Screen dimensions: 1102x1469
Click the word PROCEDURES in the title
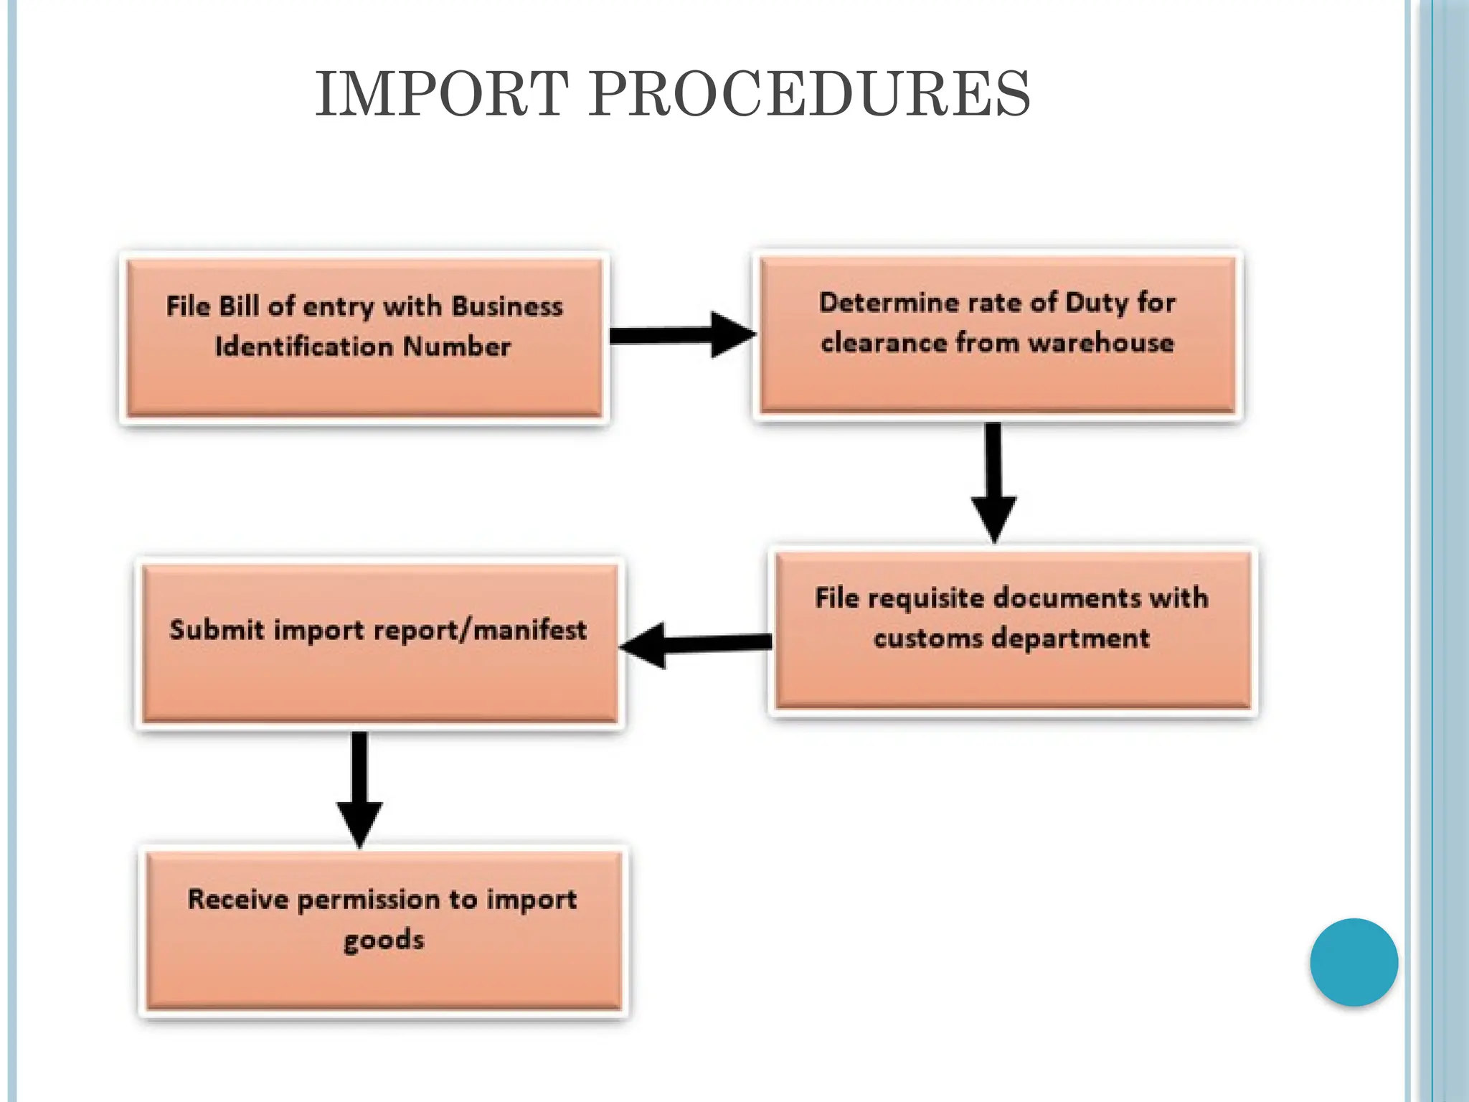810,94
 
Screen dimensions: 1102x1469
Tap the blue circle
1354,962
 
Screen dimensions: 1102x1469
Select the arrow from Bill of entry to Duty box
682,335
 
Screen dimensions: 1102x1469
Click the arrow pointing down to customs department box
993,481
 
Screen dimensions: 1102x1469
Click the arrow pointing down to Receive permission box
359,789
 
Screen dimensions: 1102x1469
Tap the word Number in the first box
457,347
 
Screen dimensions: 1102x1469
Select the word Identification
305,347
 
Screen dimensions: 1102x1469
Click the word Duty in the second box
1097,303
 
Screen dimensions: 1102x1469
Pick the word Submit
217,630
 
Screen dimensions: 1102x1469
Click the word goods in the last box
384,940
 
